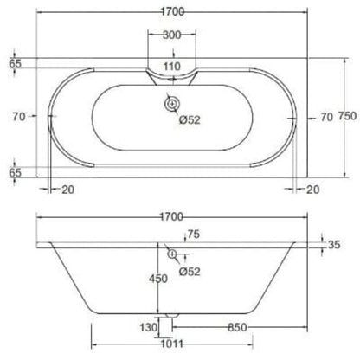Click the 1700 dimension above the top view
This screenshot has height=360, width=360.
click(x=172, y=12)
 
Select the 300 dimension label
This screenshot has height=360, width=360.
click(x=172, y=35)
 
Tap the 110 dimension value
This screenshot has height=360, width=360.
click(x=172, y=67)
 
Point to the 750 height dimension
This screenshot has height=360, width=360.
click(x=348, y=116)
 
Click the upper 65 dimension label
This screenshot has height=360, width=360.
click(x=15, y=63)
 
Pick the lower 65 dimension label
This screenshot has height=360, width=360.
click(x=15, y=172)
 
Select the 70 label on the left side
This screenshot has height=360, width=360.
click(x=19, y=117)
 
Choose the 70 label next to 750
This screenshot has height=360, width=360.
click(x=327, y=117)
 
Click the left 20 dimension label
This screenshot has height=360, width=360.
click(x=68, y=190)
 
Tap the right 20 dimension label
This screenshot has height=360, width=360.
click(x=312, y=190)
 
